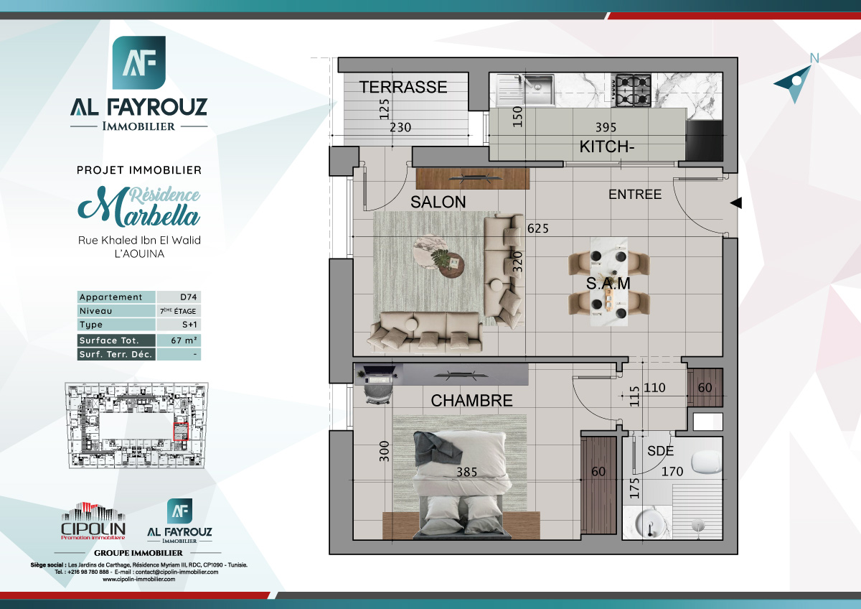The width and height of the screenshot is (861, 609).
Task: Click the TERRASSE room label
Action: (x=403, y=87)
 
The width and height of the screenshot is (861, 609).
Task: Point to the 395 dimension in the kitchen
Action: (x=606, y=128)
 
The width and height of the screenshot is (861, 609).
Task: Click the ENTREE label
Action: (x=634, y=195)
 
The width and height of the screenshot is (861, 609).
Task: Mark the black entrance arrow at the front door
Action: (x=735, y=204)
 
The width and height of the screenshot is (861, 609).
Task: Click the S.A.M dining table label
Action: (x=608, y=284)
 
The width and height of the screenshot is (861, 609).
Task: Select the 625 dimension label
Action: (x=537, y=229)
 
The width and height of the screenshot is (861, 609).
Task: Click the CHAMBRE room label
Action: (x=471, y=401)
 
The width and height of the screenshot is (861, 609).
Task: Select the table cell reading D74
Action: (x=179, y=297)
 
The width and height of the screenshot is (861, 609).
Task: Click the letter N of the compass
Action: (x=814, y=58)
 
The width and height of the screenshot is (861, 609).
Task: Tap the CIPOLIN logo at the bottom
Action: (x=93, y=522)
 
